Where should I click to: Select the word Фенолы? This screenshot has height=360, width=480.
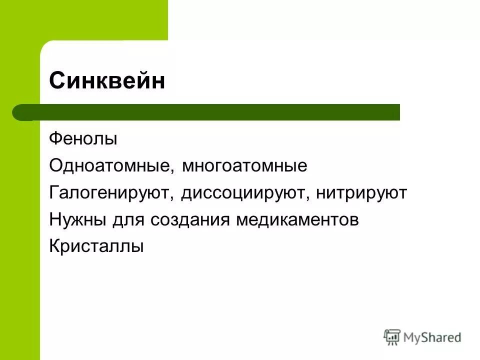click(83, 138)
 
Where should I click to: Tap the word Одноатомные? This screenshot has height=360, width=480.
click(110, 165)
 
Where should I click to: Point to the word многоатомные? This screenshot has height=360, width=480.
click(244, 165)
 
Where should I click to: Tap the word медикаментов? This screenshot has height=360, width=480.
click(297, 220)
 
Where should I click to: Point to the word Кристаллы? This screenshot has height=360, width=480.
click(96, 247)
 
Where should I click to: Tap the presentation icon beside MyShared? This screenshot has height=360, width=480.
click(392, 337)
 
